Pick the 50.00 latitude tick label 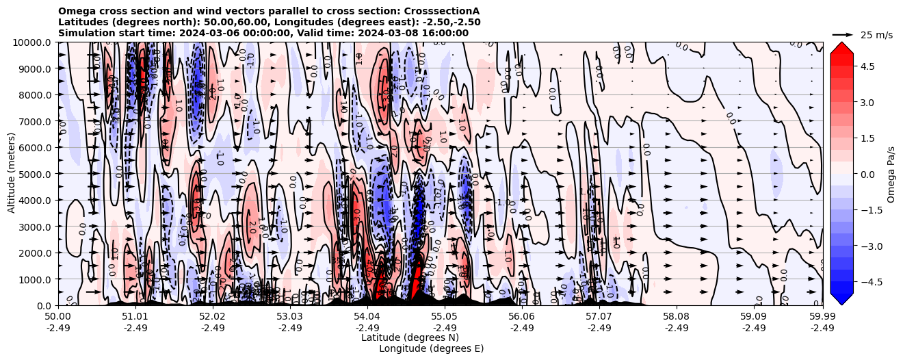point(58,317)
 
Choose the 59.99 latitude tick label point(822,317)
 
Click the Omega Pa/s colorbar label point(891,174)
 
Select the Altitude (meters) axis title point(12,174)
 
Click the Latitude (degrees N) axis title point(410,337)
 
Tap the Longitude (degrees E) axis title point(431,348)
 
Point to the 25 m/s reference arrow point(843,34)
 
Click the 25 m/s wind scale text point(876,35)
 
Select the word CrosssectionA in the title point(444,11)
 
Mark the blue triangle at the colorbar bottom point(841,299)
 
